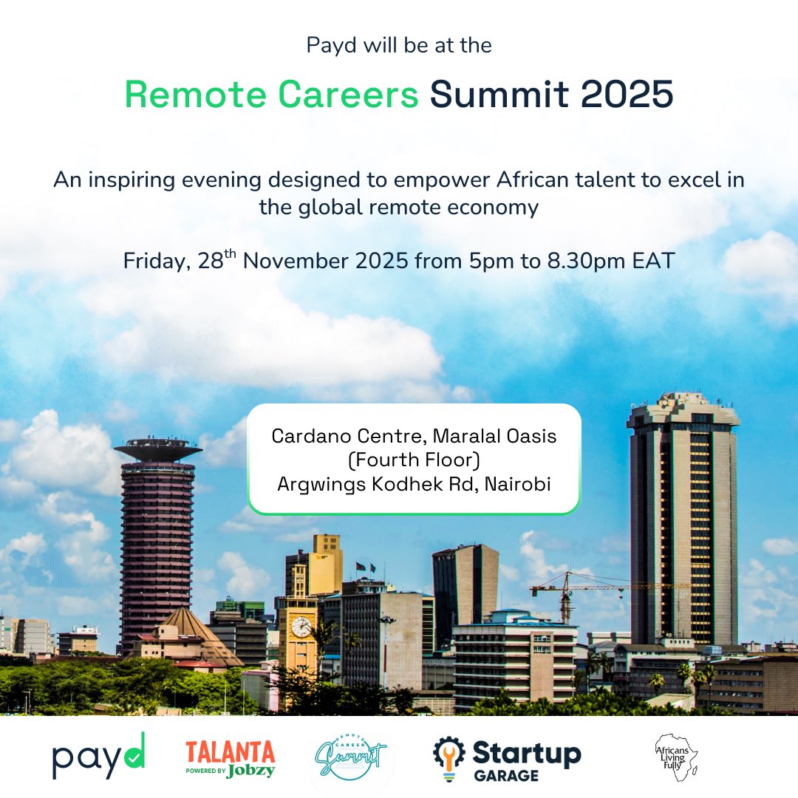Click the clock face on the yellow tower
tap(301, 627)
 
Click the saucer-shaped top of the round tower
tap(157, 448)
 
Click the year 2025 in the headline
tap(627, 95)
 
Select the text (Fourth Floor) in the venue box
tap(414, 460)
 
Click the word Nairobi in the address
tap(518, 485)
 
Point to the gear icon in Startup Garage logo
tap(448, 754)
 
